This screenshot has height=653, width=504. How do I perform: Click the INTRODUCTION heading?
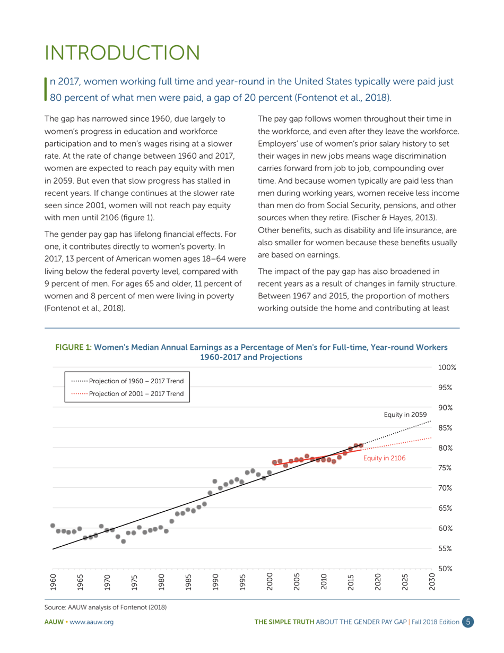(x=122, y=53)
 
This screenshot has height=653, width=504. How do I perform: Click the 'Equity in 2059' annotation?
(x=405, y=414)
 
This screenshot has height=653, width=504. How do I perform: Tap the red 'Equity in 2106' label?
(x=384, y=458)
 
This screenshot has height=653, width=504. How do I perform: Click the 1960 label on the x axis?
(x=53, y=582)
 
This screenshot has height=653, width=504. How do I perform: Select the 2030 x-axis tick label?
(x=432, y=582)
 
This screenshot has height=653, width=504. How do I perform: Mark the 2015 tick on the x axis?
(x=351, y=582)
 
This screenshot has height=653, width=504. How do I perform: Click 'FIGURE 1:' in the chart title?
(x=74, y=347)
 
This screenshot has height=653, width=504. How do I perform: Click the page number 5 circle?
(x=467, y=622)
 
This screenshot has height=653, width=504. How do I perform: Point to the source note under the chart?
(x=106, y=607)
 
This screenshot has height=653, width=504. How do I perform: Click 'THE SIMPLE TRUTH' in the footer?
(x=284, y=622)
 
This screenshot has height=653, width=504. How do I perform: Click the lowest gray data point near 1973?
(x=123, y=542)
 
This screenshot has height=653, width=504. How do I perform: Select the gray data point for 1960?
(x=53, y=526)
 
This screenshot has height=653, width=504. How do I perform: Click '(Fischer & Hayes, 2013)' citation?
(x=392, y=218)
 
